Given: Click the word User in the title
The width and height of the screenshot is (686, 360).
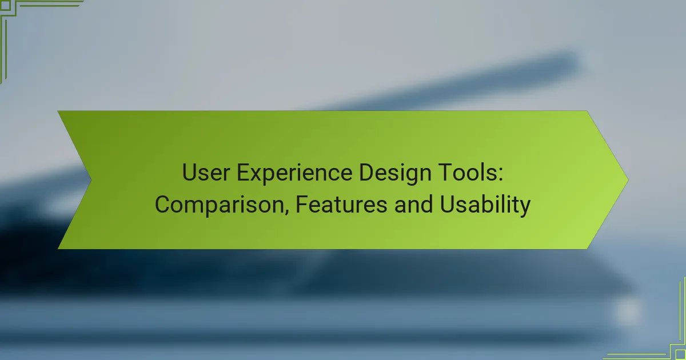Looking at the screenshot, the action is click(x=206, y=173).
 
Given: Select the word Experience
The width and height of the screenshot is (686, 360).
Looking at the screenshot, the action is click(x=294, y=174).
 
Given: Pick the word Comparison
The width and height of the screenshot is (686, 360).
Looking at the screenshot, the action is click(x=222, y=205).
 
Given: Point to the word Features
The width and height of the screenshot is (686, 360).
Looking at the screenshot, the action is click(x=341, y=204).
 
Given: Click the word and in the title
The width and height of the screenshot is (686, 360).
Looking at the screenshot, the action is click(x=414, y=204).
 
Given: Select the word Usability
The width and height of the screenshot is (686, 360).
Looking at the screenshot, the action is click(x=485, y=205).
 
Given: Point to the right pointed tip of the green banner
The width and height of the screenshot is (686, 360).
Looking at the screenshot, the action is click(x=628, y=180).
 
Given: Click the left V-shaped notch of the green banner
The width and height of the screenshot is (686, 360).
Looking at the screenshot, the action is click(x=91, y=180).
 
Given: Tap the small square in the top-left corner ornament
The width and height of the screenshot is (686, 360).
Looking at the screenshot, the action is click(x=6, y=5).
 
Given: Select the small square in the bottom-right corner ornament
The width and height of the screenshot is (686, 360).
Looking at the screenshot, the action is click(x=680, y=355).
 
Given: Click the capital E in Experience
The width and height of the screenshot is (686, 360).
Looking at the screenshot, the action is click(x=244, y=173).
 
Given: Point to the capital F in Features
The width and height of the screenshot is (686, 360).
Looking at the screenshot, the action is click(x=302, y=204).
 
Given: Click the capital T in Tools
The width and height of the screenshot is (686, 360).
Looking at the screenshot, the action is click(x=446, y=173).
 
